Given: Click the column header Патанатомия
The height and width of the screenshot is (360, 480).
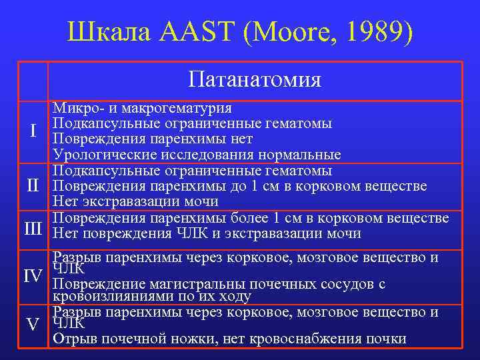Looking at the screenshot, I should click(x=255, y=81).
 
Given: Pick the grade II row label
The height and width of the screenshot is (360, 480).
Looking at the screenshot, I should click(x=33, y=185).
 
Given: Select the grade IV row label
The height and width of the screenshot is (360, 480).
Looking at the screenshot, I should click(x=33, y=275).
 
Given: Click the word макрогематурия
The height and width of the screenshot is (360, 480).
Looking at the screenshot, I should click(x=178, y=109).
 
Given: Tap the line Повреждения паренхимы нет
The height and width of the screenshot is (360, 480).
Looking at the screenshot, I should click(x=153, y=139).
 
